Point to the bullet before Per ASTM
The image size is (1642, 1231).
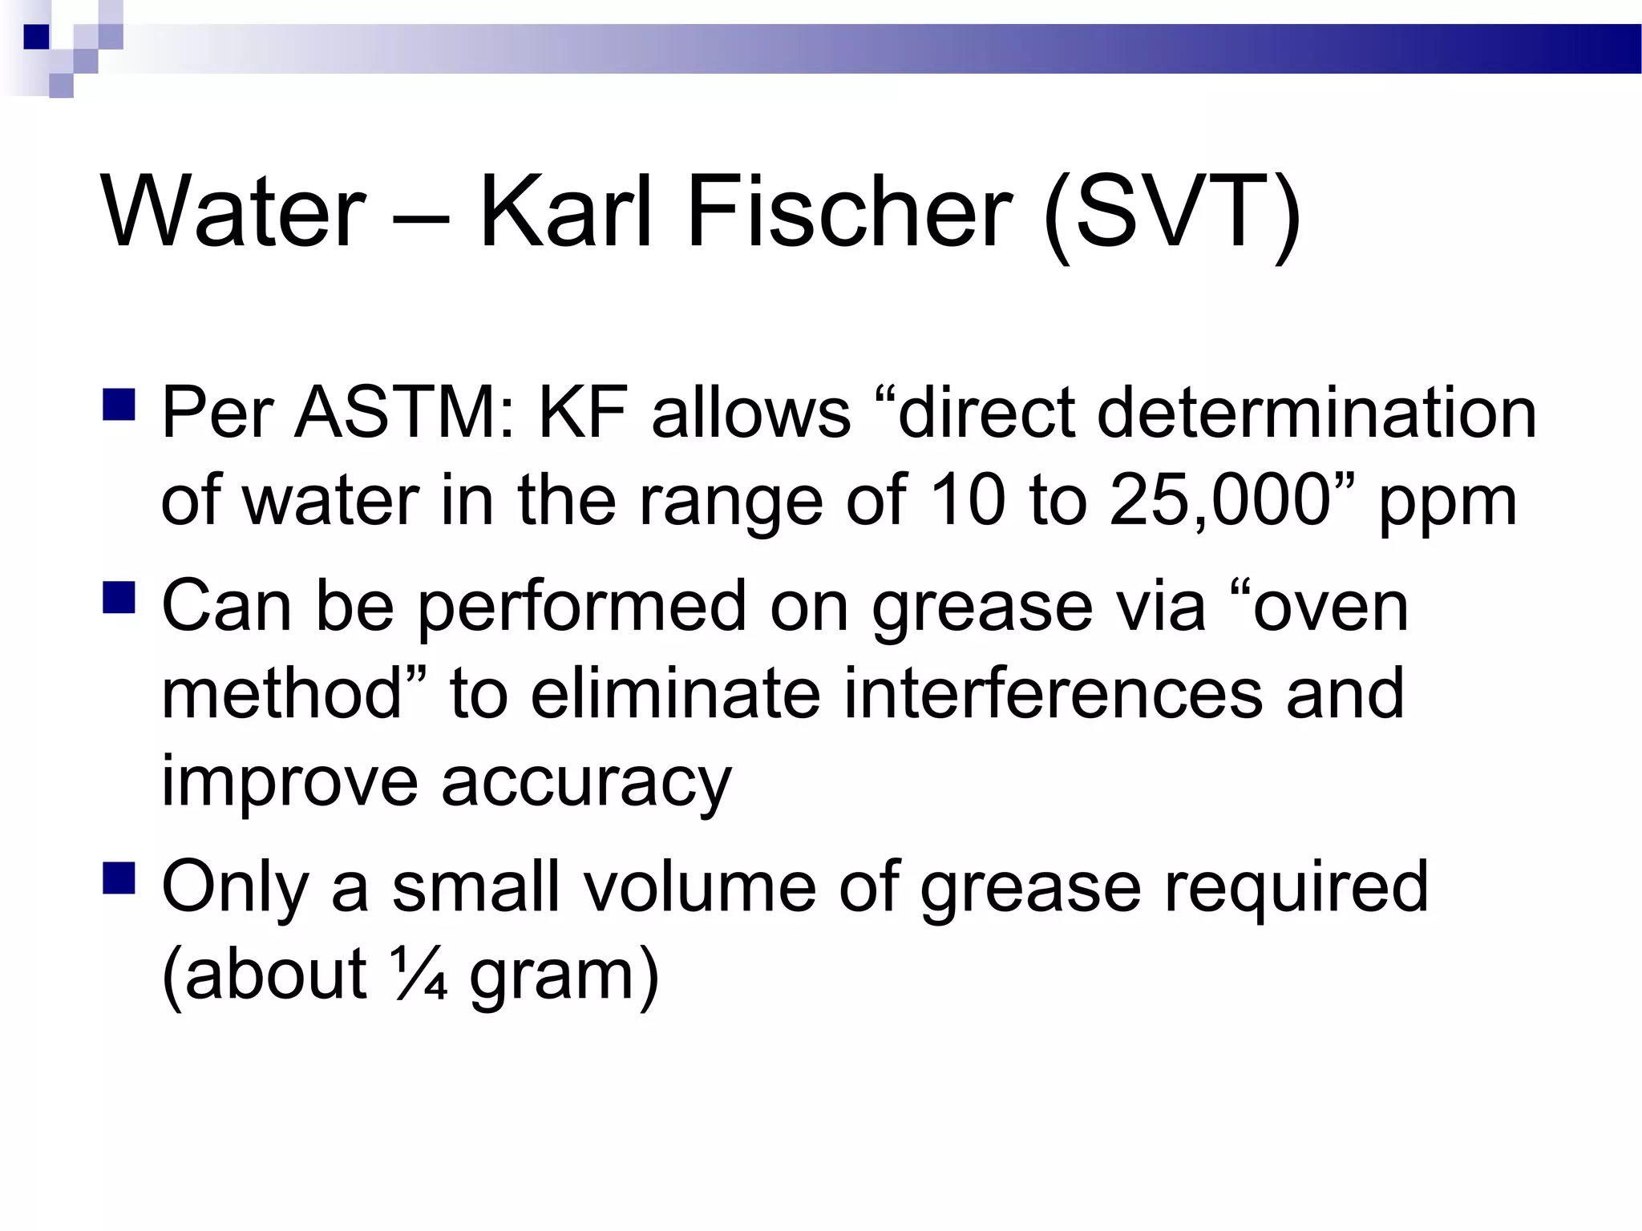pos(119,404)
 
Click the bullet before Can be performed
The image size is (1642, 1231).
pos(119,596)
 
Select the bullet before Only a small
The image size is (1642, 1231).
pos(119,877)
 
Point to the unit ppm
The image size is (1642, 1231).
pos(1448,505)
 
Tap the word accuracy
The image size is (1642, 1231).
pos(586,781)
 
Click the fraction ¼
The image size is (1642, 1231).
pos(419,975)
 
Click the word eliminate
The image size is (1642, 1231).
pos(675,693)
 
